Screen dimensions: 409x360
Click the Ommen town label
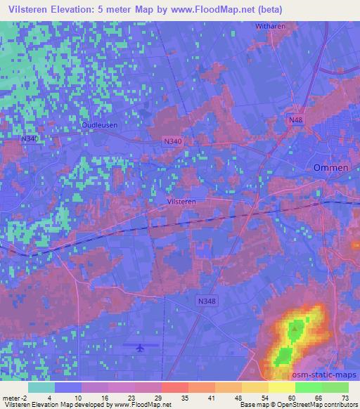(327, 168)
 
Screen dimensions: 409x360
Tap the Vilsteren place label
(181, 201)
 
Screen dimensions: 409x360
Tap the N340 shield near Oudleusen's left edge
(30, 139)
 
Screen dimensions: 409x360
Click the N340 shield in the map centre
(174, 141)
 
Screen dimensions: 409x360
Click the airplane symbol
(140, 347)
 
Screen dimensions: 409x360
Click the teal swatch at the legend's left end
(41, 387)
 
